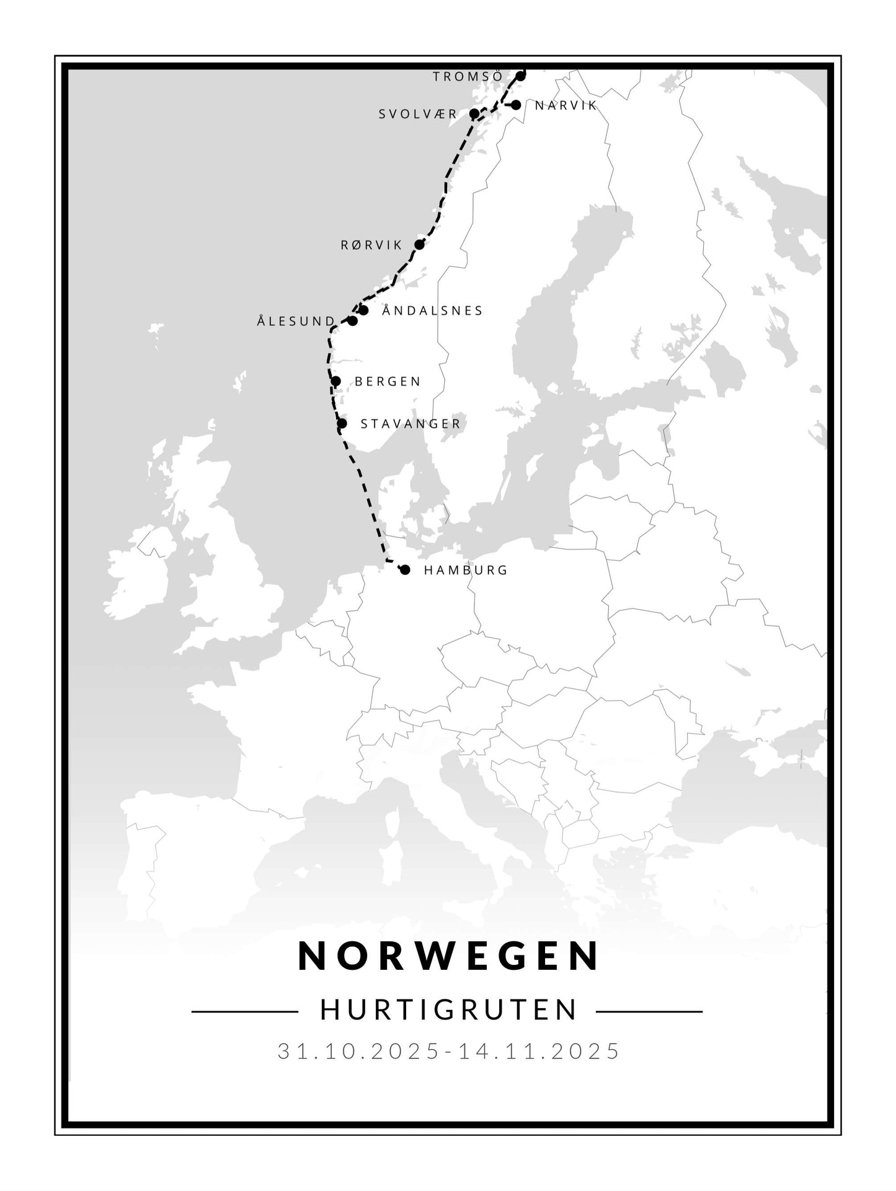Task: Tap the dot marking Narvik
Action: tap(516, 105)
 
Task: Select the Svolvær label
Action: tap(418, 114)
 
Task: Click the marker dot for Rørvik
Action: tap(419, 244)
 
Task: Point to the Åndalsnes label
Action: tap(432, 310)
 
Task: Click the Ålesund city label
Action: tap(296, 321)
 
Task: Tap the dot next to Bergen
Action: tap(336, 381)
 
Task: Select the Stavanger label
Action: tap(410, 424)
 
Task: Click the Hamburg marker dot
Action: tap(405, 569)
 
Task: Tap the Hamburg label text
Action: tap(466, 570)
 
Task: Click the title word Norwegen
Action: tap(448, 956)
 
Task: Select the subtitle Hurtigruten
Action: tap(448, 1009)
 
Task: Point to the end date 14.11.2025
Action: tap(539, 1051)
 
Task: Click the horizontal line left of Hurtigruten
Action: tap(245, 1012)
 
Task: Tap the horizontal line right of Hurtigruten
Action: tap(649, 1012)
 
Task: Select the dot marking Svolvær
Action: tap(474, 113)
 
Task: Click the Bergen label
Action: tap(388, 382)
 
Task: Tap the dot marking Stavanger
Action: tap(342, 424)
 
